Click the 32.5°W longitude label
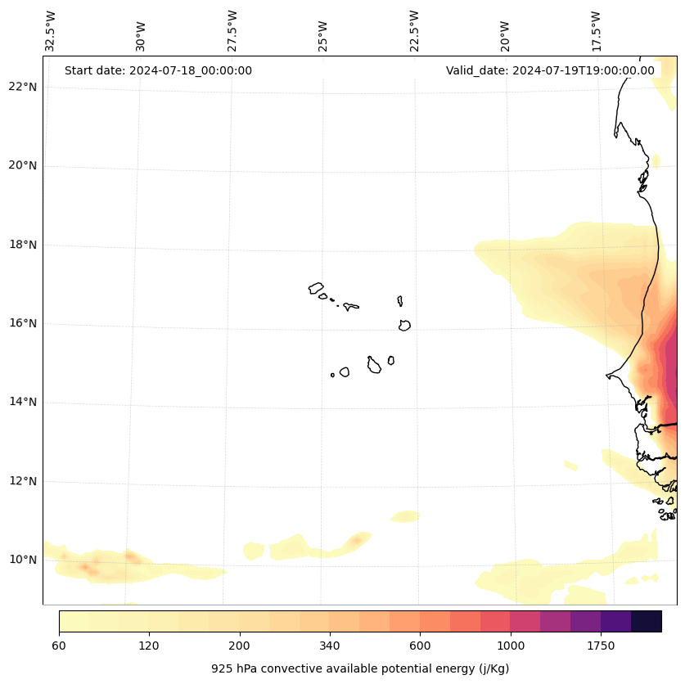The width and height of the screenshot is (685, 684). (51, 31)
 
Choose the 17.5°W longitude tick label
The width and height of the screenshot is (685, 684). (596, 31)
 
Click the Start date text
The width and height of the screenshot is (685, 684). (158, 70)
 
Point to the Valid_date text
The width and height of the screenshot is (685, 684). (550, 70)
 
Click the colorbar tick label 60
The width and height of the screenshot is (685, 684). (59, 646)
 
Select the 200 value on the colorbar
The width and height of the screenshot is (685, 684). (239, 646)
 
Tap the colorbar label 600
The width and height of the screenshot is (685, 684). (420, 646)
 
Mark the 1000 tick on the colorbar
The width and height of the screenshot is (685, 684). (510, 646)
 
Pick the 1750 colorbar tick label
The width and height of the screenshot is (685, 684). (601, 646)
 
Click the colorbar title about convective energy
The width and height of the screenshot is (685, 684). (360, 668)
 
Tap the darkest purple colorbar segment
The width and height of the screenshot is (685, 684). (646, 621)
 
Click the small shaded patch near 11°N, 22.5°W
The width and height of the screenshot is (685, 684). (405, 516)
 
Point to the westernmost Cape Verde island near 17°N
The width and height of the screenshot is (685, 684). (316, 288)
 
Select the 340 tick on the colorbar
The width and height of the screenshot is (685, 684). (330, 646)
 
